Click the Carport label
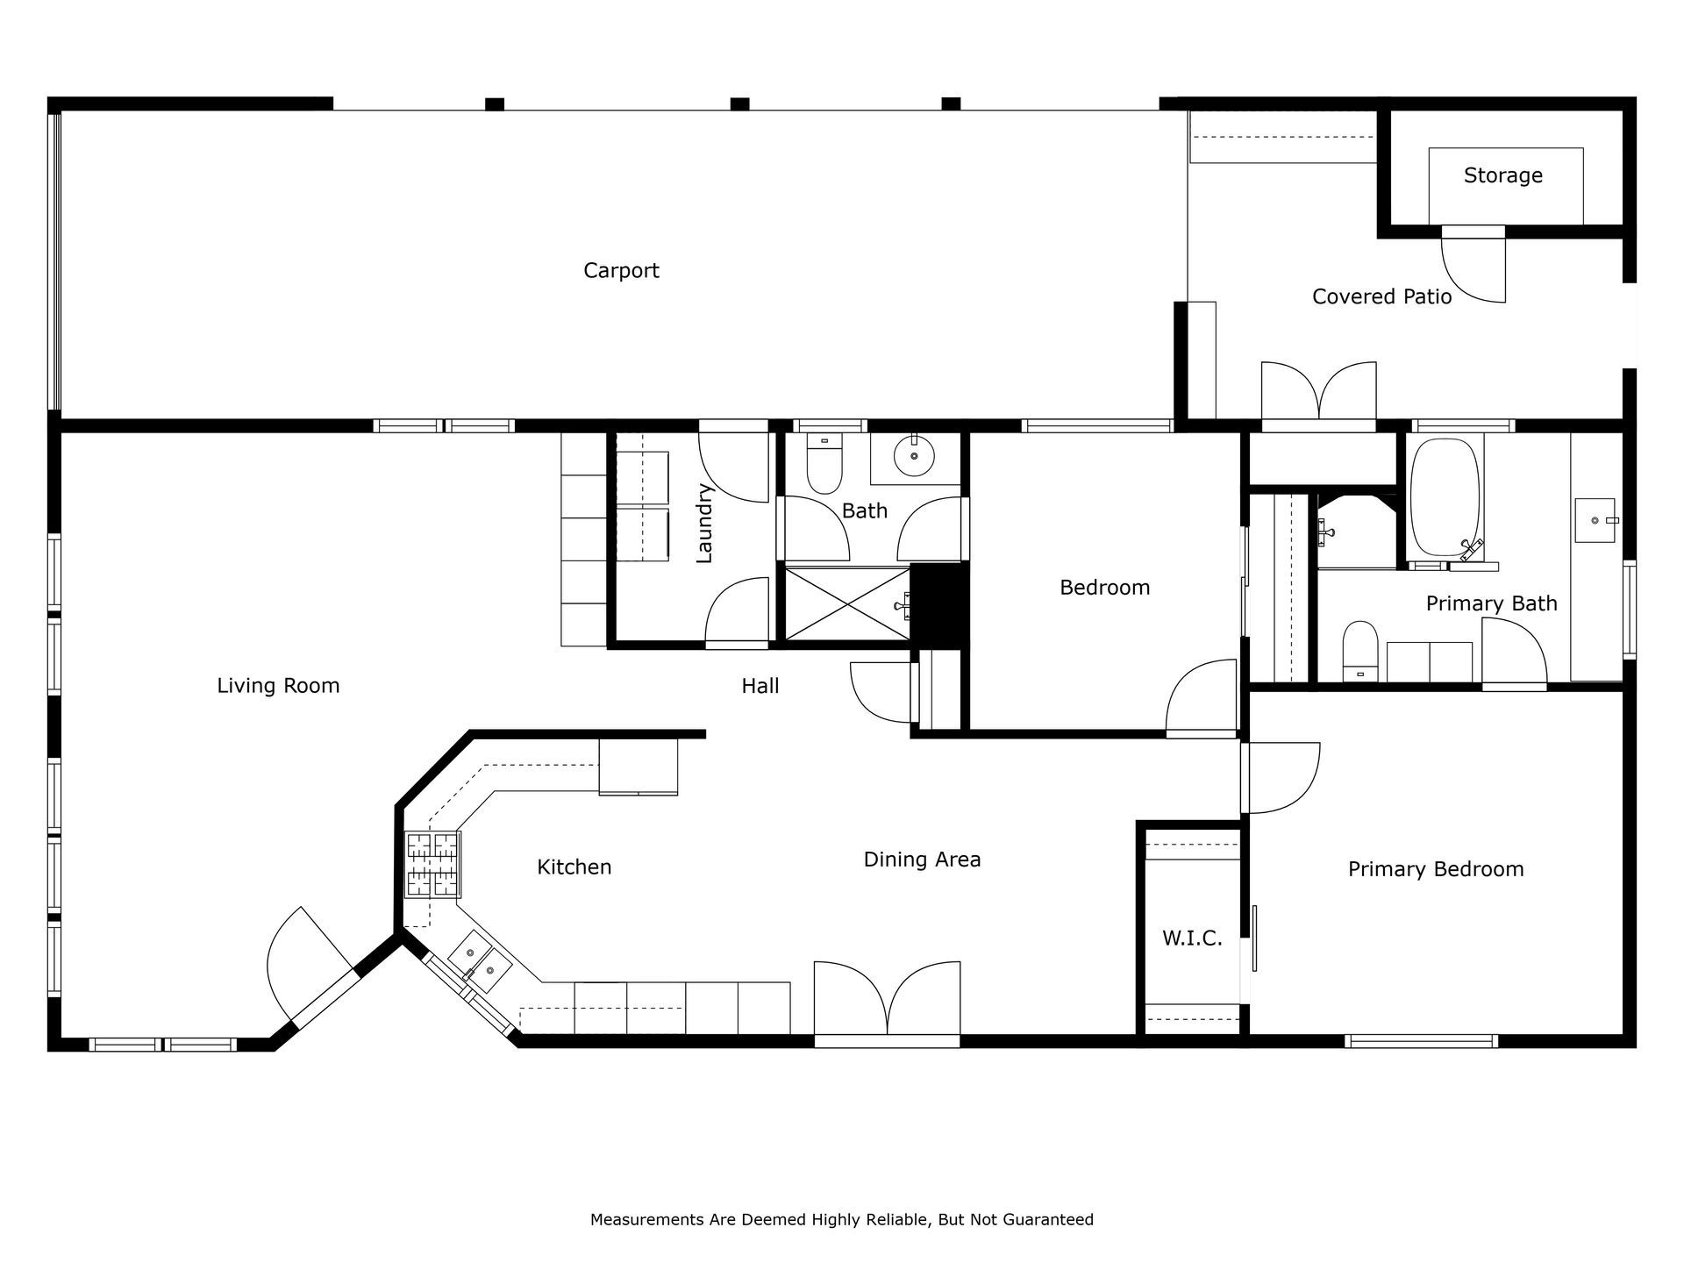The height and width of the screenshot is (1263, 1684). click(x=621, y=270)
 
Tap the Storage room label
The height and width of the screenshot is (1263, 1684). click(x=1502, y=175)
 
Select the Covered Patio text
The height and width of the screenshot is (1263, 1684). click(x=1381, y=296)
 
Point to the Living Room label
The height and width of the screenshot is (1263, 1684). click(x=278, y=686)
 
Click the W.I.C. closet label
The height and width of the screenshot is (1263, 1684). click(x=1192, y=938)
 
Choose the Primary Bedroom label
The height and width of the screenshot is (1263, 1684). click(x=1436, y=869)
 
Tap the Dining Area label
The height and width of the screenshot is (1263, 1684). click(x=922, y=860)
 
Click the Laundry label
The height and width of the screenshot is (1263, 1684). click(x=704, y=523)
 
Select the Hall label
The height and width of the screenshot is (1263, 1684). click(x=760, y=686)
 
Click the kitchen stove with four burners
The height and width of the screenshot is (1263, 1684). click(x=432, y=865)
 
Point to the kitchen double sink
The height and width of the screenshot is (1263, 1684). click(x=480, y=961)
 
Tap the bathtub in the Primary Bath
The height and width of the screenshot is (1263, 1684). click(x=1445, y=497)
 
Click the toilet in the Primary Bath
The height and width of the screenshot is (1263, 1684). click(x=1360, y=651)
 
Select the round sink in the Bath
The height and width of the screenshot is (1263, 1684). click(x=914, y=456)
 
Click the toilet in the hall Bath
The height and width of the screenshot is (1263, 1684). click(x=824, y=464)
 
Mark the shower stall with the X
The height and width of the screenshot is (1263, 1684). click(x=847, y=603)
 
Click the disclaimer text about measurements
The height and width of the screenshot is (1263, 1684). click(x=841, y=1219)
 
